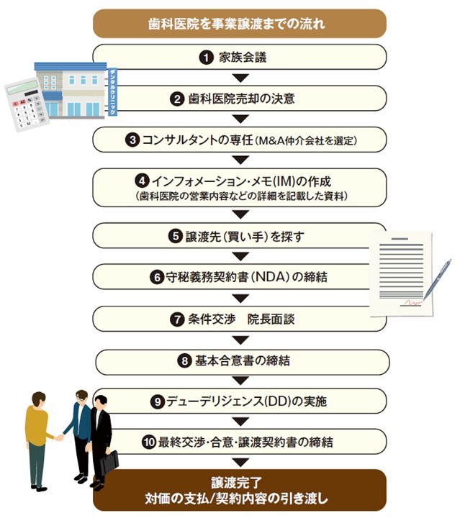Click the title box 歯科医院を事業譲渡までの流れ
pyautogui.click(x=240, y=23)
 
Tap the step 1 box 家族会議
pyautogui.click(x=240, y=56)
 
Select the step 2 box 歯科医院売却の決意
pyautogui.click(x=240, y=99)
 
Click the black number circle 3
pyautogui.click(x=132, y=140)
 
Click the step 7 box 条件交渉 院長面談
pyautogui.click(x=240, y=319)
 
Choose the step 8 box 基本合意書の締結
pyautogui.click(x=240, y=361)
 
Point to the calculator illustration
pyautogui.click(x=26, y=105)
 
